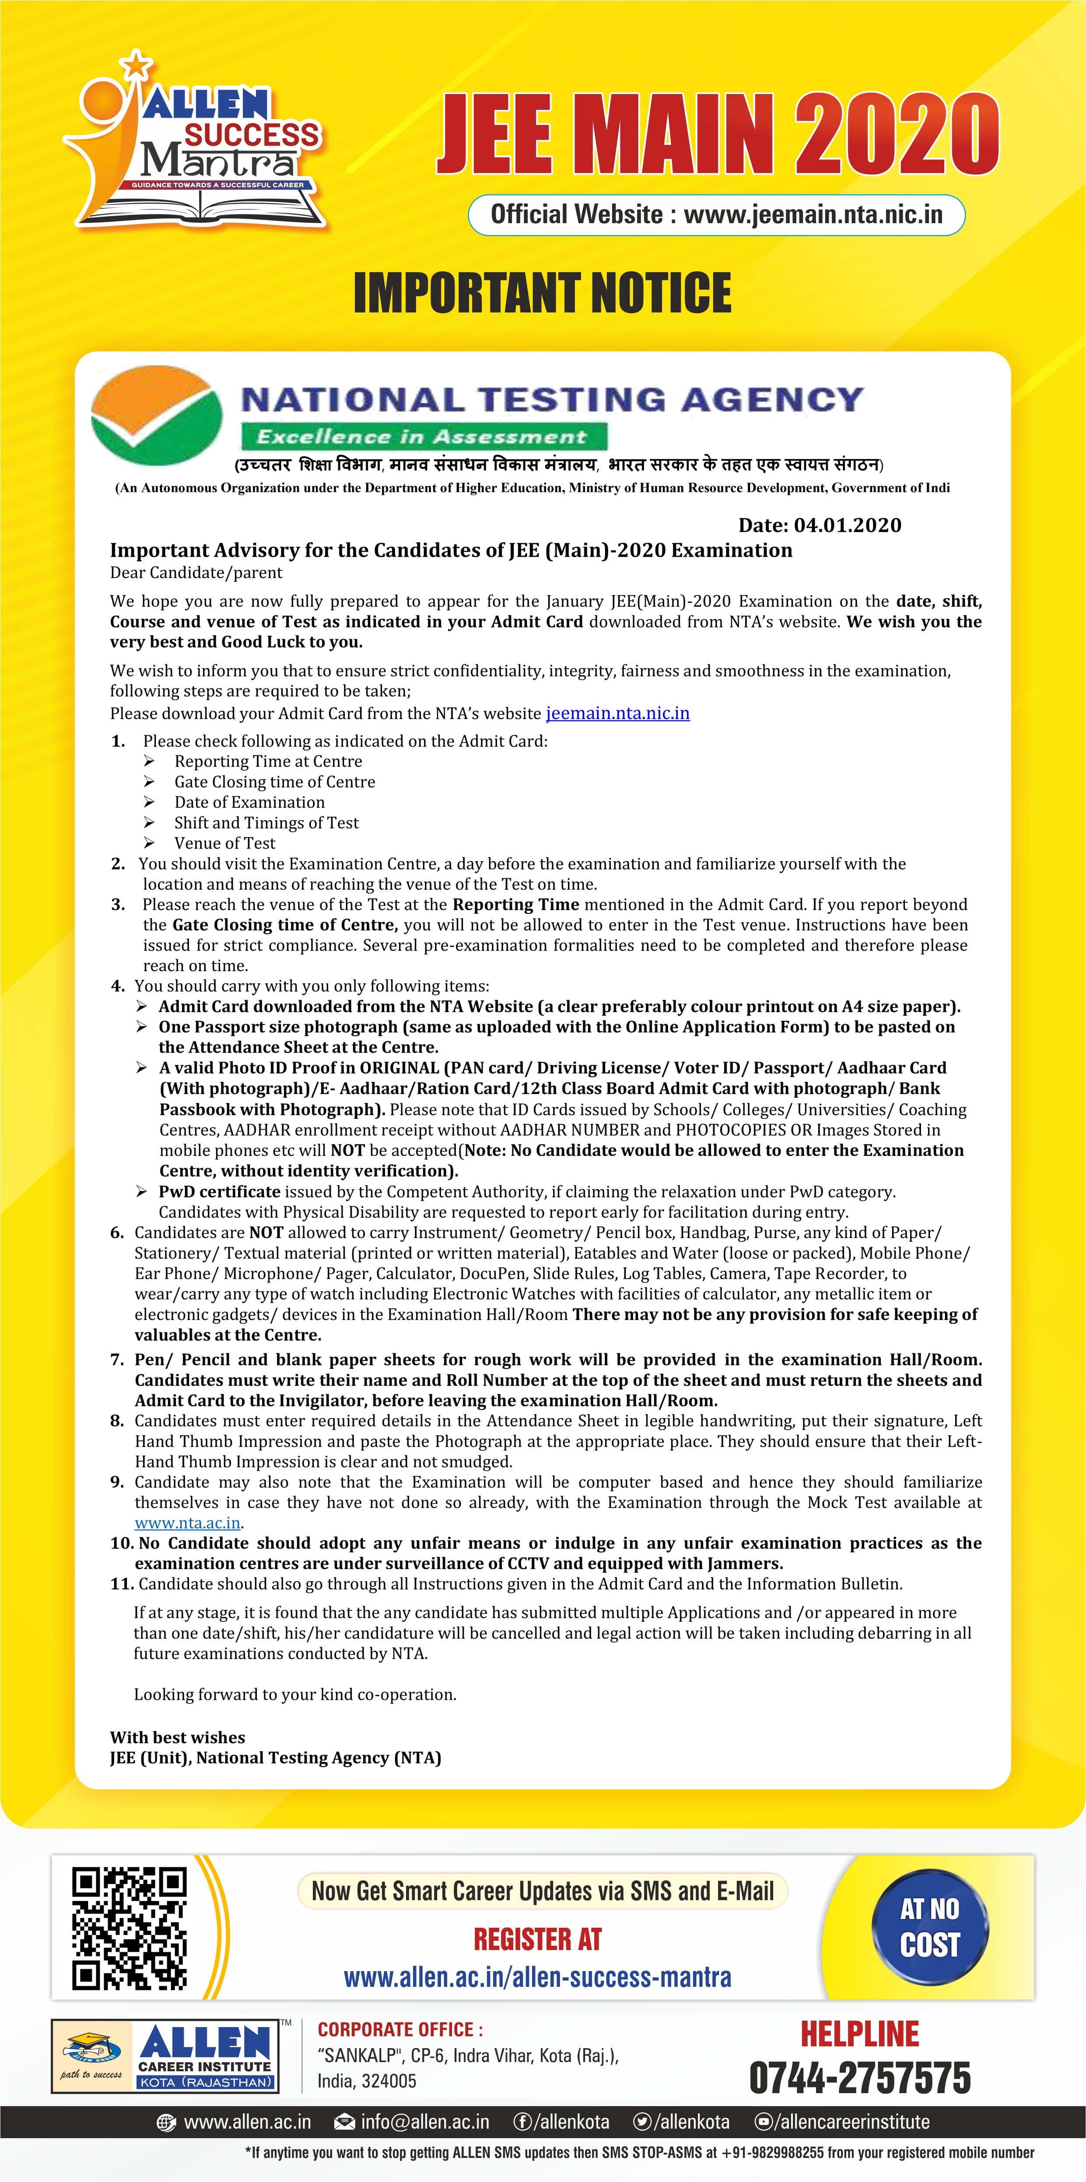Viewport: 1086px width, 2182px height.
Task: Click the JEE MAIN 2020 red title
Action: pos(718,136)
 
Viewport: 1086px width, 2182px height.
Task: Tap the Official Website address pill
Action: pos(717,214)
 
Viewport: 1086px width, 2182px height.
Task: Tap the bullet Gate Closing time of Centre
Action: pos(274,782)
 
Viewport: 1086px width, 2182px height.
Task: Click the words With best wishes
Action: pos(177,1737)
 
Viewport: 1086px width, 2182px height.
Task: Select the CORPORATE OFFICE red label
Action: pos(400,2030)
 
